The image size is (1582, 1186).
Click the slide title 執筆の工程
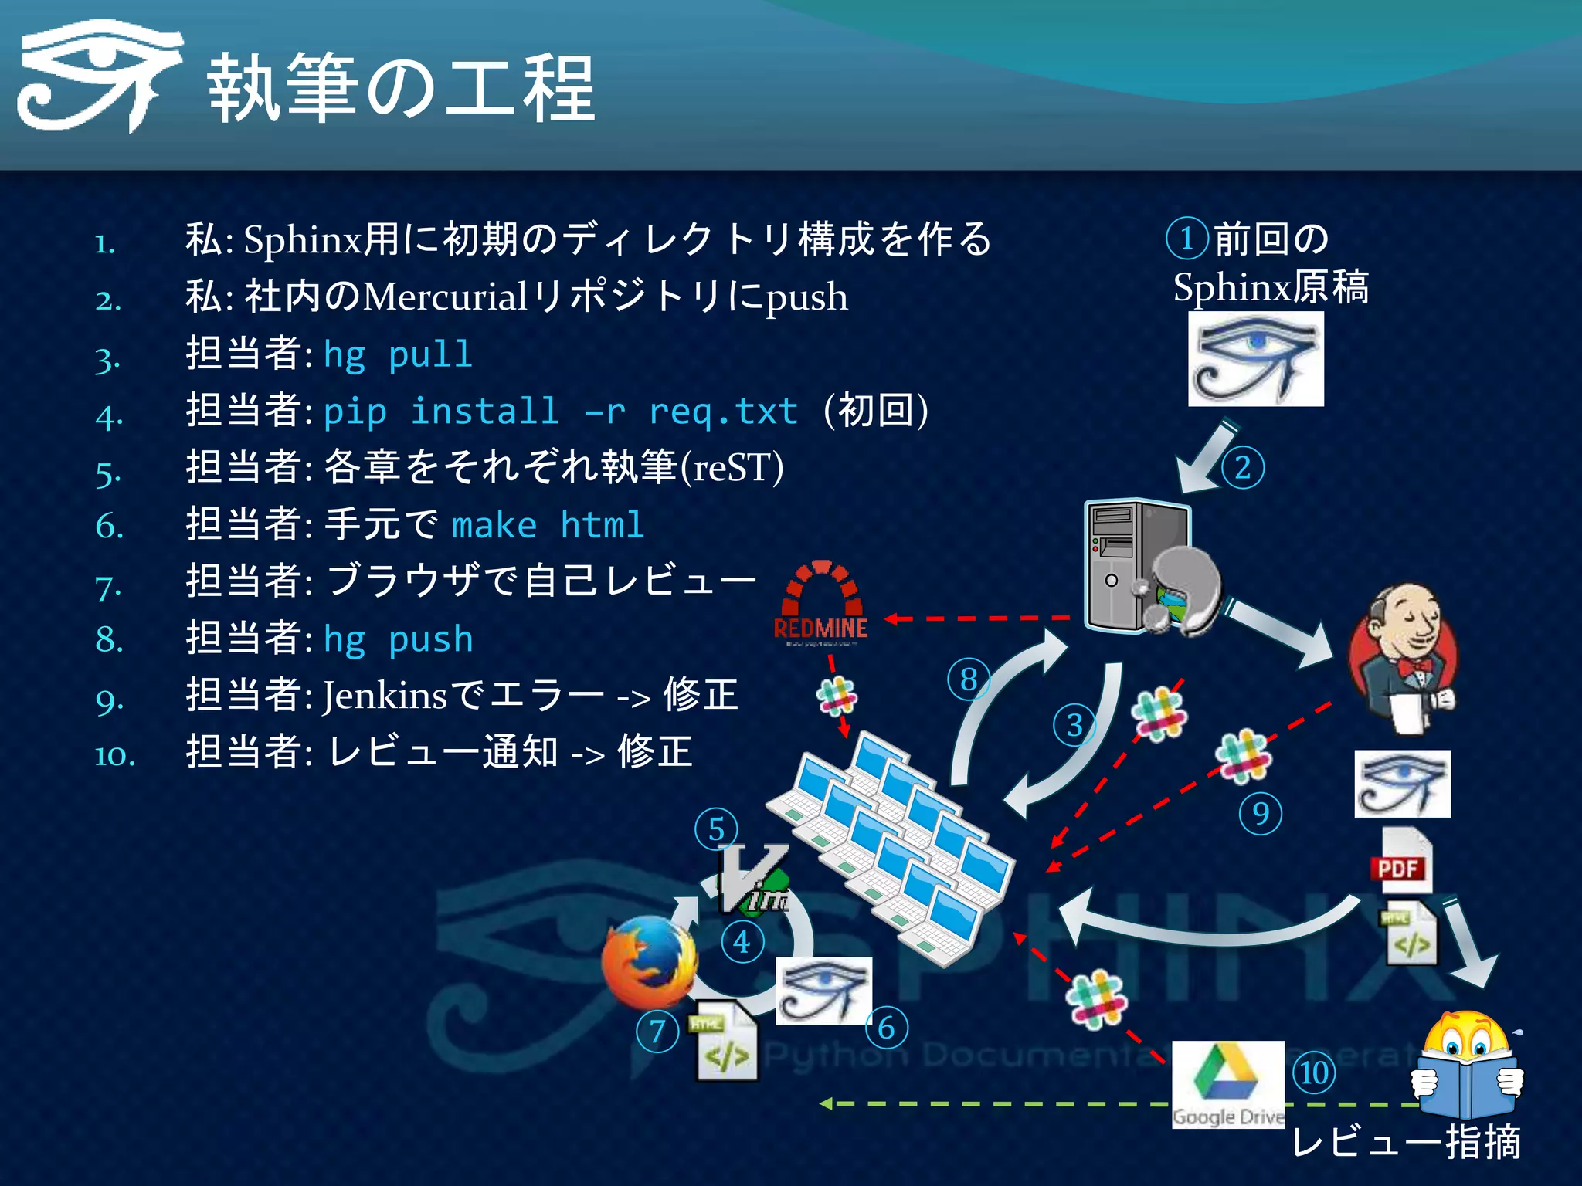[x=402, y=89]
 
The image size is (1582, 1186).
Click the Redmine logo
[x=821, y=602]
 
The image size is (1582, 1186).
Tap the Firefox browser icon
[x=649, y=961]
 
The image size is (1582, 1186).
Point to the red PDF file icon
[x=1400, y=861]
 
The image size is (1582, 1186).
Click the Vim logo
[x=753, y=880]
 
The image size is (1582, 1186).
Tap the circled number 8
[x=968, y=679]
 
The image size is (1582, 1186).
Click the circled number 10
[x=1314, y=1072]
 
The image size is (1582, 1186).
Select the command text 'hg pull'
[x=398, y=355]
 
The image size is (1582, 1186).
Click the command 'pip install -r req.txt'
[x=560, y=411]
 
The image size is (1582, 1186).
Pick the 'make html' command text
[x=548, y=525]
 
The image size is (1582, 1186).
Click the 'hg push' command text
[x=398, y=639]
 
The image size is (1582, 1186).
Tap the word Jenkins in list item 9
[x=385, y=695]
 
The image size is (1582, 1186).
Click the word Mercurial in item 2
[x=445, y=297]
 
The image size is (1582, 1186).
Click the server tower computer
[x=1136, y=568]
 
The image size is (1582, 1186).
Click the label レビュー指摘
[x=1406, y=1143]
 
